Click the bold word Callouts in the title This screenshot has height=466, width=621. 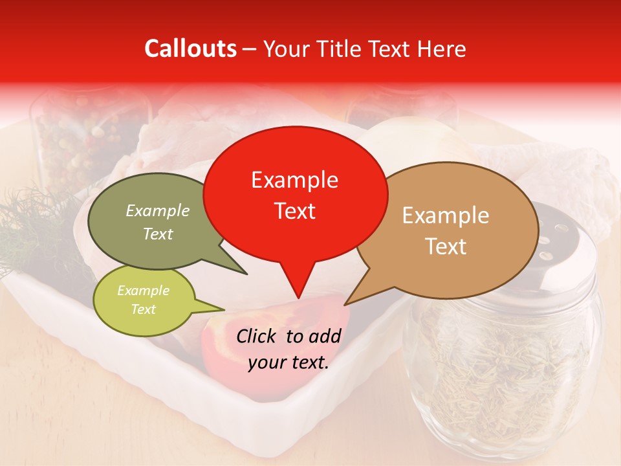tap(190, 49)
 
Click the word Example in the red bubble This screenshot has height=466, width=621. tap(295, 180)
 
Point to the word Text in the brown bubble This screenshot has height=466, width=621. tap(446, 247)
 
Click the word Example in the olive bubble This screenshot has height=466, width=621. tap(158, 210)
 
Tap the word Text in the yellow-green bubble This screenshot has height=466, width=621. tap(143, 309)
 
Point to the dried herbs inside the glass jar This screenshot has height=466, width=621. tap(505, 375)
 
